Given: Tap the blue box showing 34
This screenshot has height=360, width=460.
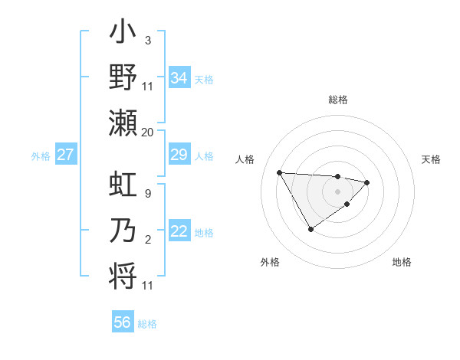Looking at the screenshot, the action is [x=179, y=78].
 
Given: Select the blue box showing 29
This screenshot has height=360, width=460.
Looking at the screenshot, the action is [x=179, y=155].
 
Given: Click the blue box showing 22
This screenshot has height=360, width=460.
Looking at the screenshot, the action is [x=179, y=232].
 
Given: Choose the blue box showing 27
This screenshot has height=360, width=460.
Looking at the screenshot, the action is [x=66, y=155].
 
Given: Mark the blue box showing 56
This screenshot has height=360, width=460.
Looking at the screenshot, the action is [x=123, y=322].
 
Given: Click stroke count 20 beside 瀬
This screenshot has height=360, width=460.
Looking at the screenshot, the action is [x=148, y=132].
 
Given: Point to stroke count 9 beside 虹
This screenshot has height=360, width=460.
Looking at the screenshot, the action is [x=147, y=193].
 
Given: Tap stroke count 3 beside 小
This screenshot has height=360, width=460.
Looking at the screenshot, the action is [x=147, y=40].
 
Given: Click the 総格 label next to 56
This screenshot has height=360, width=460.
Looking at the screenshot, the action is [x=147, y=324].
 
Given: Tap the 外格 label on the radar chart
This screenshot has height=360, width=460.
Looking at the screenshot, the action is [x=270, y=262].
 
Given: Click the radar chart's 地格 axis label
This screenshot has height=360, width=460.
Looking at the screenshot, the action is [x=402, y=262].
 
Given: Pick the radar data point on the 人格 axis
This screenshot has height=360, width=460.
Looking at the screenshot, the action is [x=280, y=172].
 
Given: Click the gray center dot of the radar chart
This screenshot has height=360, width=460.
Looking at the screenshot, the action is [x=337, y=191].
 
